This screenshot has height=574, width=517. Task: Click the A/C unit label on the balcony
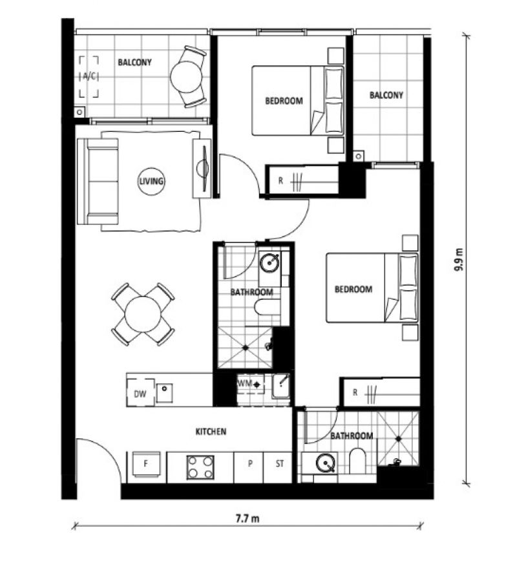coord(89,76)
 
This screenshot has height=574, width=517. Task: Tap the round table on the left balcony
coord(186,77)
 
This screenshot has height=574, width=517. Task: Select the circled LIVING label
coord(151,181)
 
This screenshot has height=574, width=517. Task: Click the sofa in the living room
coord(98,181)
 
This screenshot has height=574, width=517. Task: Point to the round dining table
coord(143,314)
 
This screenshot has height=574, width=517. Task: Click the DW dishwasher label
coord(140,394)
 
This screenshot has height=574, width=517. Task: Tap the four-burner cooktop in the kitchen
coord(200,467)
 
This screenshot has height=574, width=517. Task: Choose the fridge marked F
coord(146,464)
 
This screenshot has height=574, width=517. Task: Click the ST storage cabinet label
coord(280,464)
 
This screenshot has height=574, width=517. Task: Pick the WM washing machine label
coord(244,383)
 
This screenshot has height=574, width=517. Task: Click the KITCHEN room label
coord(211,432)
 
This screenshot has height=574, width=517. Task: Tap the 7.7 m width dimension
coord(248,518)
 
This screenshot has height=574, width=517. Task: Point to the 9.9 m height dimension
coord(458,260)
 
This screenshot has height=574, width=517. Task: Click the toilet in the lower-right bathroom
coord(357,460)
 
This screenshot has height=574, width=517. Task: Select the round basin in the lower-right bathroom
coord(326,463)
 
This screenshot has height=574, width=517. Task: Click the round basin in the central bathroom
coord(270,262)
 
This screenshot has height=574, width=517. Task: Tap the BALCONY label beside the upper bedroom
coord(386,95)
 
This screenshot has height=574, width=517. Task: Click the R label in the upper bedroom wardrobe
coord(280,180)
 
